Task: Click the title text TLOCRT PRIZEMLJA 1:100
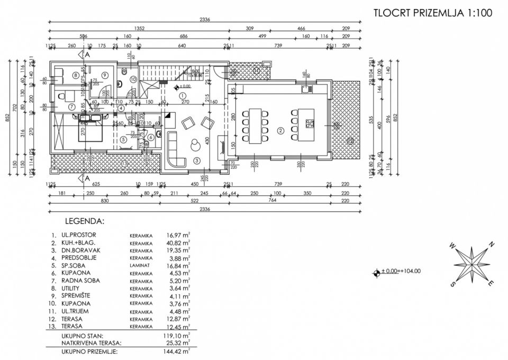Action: [433, 13]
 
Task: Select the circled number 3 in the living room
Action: [196, 160]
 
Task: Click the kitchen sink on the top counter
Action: [305, 89]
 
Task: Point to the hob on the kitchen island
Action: [309, 124]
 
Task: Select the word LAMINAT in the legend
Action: [139, 265]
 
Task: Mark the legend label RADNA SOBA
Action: [80, 280]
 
